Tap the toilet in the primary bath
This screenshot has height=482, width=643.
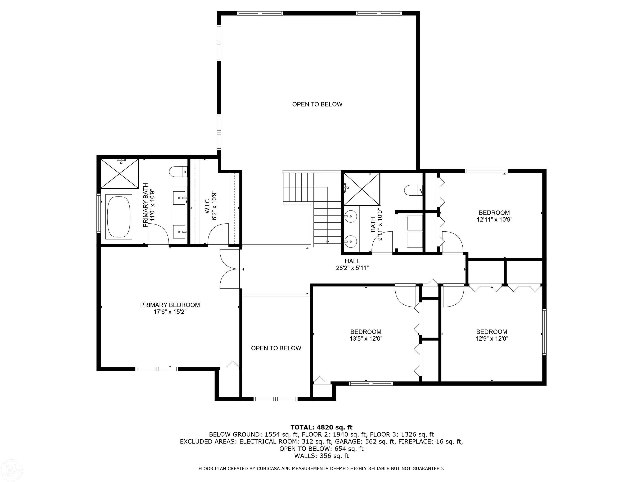coord(178,171)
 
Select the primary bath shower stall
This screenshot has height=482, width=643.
coord(120,174)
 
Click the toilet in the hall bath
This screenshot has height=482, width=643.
coord(413,191)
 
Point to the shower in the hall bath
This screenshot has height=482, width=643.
coord(362,189)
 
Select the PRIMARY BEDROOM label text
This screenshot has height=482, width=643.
coord(170,305)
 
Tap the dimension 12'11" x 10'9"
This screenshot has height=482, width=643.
coord(494,220)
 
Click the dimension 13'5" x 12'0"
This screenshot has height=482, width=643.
coord(366,338)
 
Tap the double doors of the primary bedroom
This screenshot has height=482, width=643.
coord(230,269)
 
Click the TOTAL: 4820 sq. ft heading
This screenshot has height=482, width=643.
coord(321,427)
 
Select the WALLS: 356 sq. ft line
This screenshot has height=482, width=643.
coord(321,456)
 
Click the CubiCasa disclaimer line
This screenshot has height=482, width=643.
coord(321,469)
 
